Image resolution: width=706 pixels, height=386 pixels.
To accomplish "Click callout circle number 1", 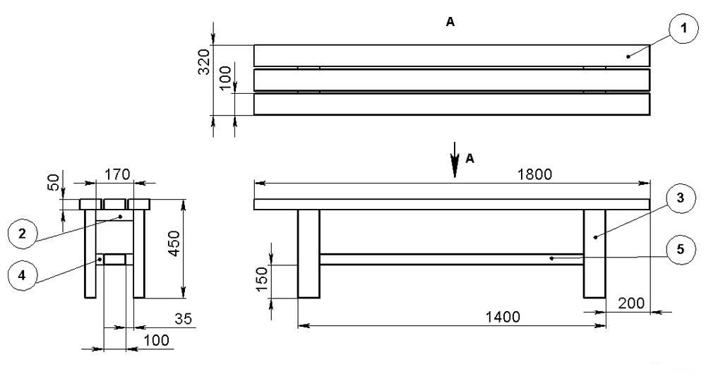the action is [x=683, y=29].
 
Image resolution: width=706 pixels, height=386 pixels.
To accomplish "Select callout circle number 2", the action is [x=23, y=234].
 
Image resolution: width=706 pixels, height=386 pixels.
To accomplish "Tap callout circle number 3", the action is [x=681, y=198].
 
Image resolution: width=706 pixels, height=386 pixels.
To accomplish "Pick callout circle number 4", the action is [x=23, y=275].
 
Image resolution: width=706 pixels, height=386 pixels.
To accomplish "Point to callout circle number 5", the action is [x=681, y=249].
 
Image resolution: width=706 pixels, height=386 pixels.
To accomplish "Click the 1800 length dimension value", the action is [x=534, y=174].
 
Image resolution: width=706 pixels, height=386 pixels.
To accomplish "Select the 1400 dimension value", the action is [x=503, y=317].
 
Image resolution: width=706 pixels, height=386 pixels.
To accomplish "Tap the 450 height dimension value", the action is [x=174, y=243].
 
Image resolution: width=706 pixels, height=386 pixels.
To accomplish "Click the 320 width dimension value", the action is [x=203, y=61].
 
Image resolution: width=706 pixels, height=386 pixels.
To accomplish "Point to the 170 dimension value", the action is [x=117, y=174].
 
